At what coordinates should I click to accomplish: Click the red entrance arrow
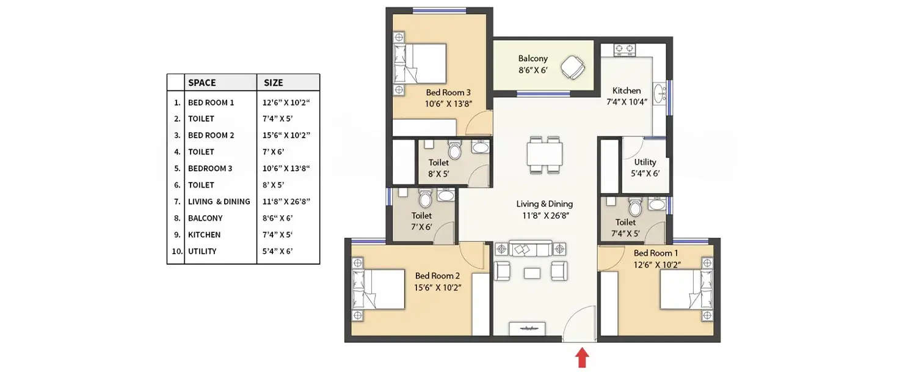point(582,358)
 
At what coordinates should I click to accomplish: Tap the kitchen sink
point(660,94)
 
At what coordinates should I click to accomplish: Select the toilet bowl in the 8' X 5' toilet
point(455,150)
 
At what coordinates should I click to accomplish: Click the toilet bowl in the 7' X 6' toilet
point(426,198)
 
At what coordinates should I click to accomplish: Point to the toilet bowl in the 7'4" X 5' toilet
point(635,208)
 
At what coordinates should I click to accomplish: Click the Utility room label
point(645,162)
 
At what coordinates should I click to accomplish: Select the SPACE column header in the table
point(202,83)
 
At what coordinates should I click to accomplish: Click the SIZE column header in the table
point(273,83)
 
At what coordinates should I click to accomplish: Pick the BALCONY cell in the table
point(205,218)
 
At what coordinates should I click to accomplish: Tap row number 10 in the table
point(176,251)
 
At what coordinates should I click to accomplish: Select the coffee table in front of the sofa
point(532,273)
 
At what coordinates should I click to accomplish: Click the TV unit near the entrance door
point(526,328)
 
